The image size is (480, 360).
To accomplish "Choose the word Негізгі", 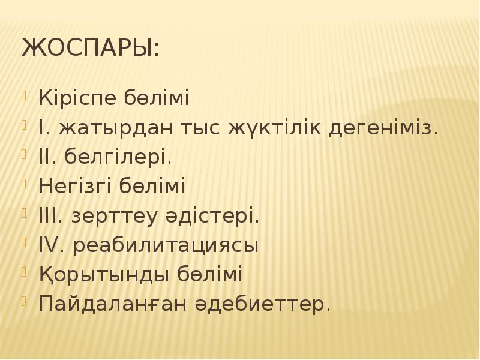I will (x=73, y=187).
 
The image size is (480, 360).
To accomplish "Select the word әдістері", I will (x=211, y=216).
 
